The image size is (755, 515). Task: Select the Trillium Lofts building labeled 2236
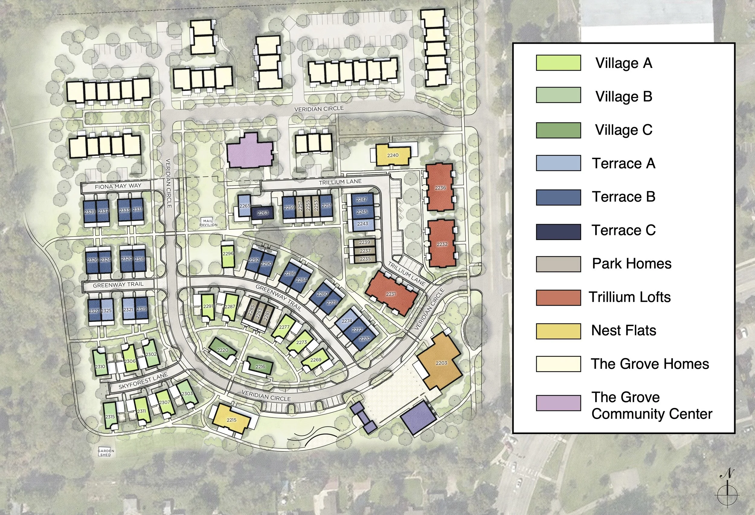440,188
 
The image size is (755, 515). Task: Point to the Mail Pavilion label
208,223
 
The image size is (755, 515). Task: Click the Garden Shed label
106,452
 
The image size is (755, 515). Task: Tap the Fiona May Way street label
118,186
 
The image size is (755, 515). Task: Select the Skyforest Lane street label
143,381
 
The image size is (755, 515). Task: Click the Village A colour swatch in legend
558,63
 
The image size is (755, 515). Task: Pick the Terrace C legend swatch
558,232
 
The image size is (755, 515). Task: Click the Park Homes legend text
631,263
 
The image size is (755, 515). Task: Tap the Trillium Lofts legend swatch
558,298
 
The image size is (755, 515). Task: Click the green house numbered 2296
228,254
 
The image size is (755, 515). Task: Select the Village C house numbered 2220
223,350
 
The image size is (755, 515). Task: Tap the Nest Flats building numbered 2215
231,419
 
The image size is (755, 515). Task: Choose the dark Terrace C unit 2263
262,213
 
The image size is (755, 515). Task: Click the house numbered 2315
110,416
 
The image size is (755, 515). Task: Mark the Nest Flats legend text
623,330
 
